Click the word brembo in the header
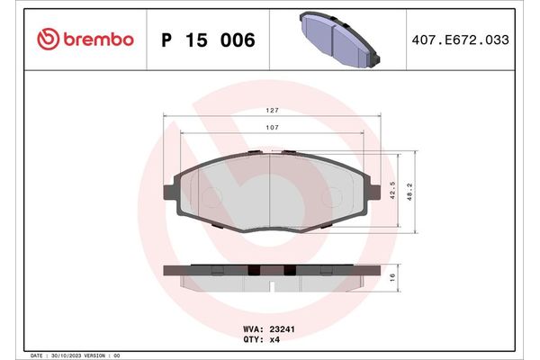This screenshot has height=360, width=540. click(99, 40)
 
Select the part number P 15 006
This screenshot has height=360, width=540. click(207, 40)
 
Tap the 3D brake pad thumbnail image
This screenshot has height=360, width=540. click(337, 38)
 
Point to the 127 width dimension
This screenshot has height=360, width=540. click(271, 110)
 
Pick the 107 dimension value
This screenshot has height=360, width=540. click(271, 128)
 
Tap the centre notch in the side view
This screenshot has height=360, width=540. click(271, 287)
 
